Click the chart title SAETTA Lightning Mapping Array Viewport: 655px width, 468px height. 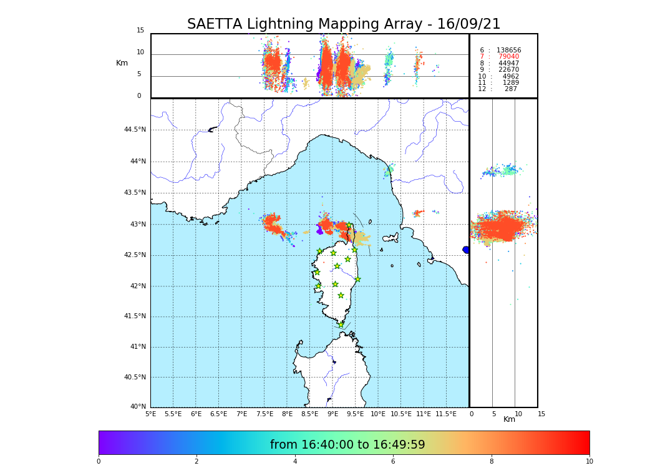pos(344,24)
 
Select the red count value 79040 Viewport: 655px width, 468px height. pos(508,57)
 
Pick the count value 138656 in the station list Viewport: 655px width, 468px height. pos(508,50)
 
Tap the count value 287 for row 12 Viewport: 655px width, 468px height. pos(511,89)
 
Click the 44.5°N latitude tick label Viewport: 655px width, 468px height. pos(135,130)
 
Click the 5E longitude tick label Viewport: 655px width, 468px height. pos(150,414)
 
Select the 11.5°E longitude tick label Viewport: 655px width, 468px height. pos(446,414)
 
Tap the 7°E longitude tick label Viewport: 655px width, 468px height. pos(241,414)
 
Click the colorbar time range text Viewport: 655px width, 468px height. pos(347,445)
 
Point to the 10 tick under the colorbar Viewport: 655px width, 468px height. pos(589,461)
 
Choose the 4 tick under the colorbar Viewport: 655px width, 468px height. pos(295,461)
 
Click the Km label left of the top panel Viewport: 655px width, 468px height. pos(122,63)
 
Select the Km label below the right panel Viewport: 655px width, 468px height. pos(509,419)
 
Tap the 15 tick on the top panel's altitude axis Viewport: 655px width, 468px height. pos(140,31)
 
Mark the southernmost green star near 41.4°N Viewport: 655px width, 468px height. pos(341,324)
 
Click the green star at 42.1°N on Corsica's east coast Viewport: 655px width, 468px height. pos(357,279)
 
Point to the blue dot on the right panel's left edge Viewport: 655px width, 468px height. pos(466,250)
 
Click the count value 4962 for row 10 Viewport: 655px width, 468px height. pos(511,76)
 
